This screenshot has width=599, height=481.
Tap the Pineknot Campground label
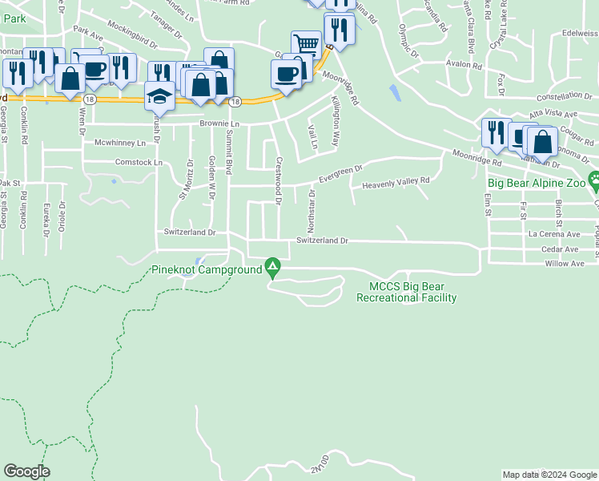point(207,270)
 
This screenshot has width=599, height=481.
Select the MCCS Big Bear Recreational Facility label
point(412,293)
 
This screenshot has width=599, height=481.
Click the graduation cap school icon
point(159,97)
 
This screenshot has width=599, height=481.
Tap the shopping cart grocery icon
point(306,44)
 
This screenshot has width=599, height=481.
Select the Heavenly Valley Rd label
point(396,185)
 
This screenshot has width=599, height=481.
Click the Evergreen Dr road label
point(341,173)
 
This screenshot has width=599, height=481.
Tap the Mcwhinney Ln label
point(120,143)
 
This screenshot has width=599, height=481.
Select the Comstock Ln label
point(139,162)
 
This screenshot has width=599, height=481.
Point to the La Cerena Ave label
point(553,235)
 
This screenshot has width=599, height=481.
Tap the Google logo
point(26,471)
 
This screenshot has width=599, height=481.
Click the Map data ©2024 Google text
point(549,475)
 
